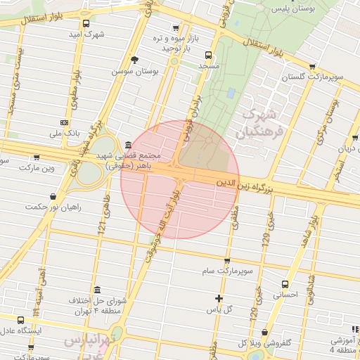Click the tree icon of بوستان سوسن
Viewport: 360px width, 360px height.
tap(135, 60)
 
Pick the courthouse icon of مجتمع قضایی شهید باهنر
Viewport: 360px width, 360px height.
tap(127, 145)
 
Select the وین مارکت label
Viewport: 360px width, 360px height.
tap(37, 168)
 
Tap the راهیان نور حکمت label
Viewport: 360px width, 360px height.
tap(54, 207)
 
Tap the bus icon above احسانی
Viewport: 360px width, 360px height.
tap(284, 284)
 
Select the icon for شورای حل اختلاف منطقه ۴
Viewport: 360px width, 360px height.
tap(96, 290)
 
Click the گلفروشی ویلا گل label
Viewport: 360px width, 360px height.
tap(263, 343)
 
